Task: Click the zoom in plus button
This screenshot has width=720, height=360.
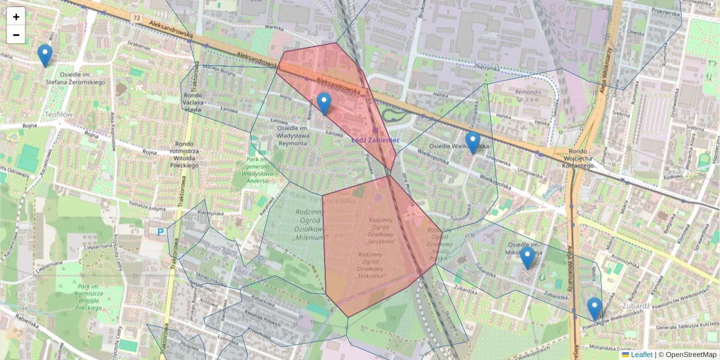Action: pyautogui.click(x=16, y=17)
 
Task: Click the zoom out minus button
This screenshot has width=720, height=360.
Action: pyautogui.click(x=16, y=35)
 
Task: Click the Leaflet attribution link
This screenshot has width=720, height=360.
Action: pyautogui.click(x=641, y=355)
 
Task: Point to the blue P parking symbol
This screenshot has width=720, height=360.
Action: pyautogui.click(x=160, y=231)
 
